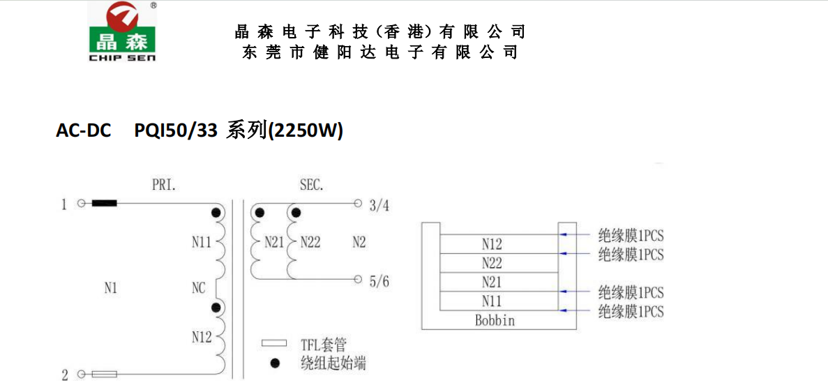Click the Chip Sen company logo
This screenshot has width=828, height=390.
(122, 31)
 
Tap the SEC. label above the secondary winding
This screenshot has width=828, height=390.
(311, 186)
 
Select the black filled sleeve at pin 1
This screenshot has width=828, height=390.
(104, 203)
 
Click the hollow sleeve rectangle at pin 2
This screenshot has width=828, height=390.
(104, 375)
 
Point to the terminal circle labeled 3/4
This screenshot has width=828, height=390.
(358, 203)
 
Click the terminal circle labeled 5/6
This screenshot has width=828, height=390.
(358, 278)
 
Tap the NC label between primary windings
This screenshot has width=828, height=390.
(199, 289)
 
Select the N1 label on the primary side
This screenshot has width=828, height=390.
(110, 289)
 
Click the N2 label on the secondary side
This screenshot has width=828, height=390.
(359, 243)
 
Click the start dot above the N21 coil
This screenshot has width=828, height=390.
(259, 213)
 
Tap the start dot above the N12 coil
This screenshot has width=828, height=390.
(216, 307)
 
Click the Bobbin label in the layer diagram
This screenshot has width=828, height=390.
(495, 320)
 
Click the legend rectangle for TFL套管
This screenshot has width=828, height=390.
(274, 343)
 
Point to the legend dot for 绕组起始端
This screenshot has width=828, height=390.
(274, 363)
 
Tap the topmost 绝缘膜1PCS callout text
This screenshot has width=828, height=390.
(630, 234)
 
